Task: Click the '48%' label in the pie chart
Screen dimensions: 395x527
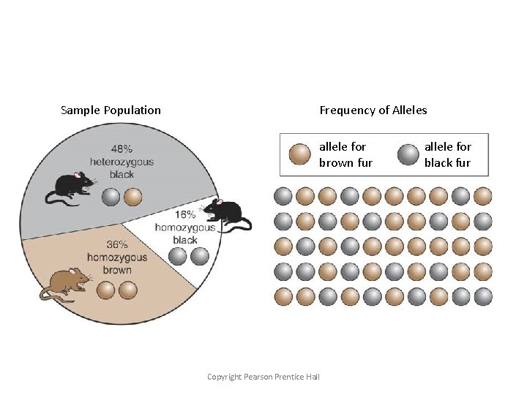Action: pos(122,148)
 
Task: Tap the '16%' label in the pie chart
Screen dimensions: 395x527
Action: pos(185,215)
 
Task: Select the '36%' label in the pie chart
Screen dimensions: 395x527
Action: pos(117,245)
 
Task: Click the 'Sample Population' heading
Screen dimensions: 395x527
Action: pos(111,110)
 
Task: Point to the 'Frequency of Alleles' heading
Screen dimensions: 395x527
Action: pos(373,110)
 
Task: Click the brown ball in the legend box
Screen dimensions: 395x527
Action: pos(300,155)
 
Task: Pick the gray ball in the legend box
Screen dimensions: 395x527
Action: pos(406,155)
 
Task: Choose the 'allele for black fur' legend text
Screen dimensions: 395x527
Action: pos(447,155)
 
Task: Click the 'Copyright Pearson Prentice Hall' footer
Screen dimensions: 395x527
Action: pos(263,377)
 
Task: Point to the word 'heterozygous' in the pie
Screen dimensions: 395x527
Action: pos(122,162)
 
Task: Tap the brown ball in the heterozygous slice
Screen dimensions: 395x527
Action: pos(132,197)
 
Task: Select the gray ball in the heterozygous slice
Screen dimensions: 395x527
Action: pos(111,197)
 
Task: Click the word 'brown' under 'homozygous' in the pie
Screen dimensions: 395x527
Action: pos(117,270)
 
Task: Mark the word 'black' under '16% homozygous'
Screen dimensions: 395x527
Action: pos(185,240)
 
